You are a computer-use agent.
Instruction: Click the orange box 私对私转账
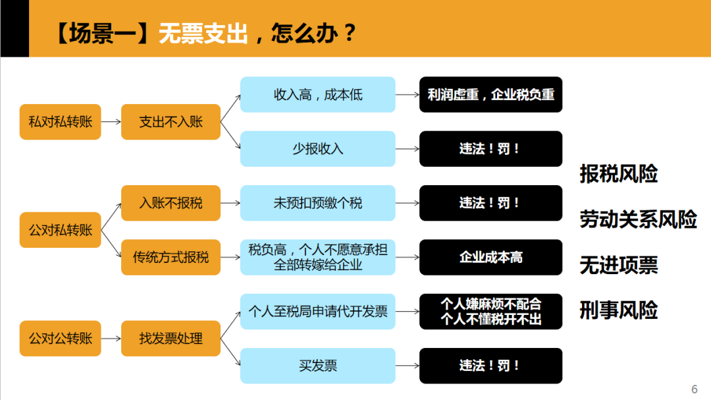pos(60,121)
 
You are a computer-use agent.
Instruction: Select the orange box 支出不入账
pos(171,121)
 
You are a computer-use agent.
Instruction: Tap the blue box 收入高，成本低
pos(317,94)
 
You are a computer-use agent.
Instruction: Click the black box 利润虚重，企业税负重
pos(490,94)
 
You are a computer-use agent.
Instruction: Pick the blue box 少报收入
pos(317,148)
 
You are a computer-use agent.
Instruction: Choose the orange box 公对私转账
pos(60,230)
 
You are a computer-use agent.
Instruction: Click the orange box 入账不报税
pos(171,203)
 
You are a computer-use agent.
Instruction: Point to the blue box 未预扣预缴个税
pos(317,203)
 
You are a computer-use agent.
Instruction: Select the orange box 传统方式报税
pos(171,257)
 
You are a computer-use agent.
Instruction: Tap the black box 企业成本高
pos(490,257)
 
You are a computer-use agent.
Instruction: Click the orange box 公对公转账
pos(60,339)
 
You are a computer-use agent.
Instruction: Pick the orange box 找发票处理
pos(171,339)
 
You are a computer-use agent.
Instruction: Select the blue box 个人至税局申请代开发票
pos(317,311)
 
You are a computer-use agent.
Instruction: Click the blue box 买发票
pos(317,366)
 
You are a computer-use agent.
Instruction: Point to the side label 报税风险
pos(618,174)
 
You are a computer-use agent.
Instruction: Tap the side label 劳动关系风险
pos(638,219)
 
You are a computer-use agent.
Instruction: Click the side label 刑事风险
pos(618,310)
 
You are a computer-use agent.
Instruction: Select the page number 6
pos(694,388)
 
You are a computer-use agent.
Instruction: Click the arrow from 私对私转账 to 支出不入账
pos(111,121)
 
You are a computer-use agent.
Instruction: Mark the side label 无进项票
pos(618,265)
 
